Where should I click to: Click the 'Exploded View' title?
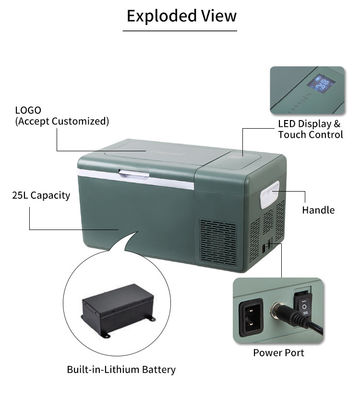tap(182, 16)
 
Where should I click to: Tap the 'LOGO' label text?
tap(28, 110)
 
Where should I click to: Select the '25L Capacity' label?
tap(41, 195)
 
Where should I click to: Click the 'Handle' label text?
tap(318, 210)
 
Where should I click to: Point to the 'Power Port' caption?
tap(278, 353)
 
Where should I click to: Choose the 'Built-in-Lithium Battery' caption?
tap(121, 369)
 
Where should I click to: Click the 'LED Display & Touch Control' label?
tap(310, 129)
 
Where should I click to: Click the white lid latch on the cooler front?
tap(134, 174)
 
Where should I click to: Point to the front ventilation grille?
tap(218, 241)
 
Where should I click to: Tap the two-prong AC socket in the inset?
tap(251, 316)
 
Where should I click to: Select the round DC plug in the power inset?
tap(281, 312)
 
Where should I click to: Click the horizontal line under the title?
tap(180, 31)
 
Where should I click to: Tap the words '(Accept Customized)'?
tap(62, 121)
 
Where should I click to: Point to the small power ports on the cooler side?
tap(267, 247)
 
